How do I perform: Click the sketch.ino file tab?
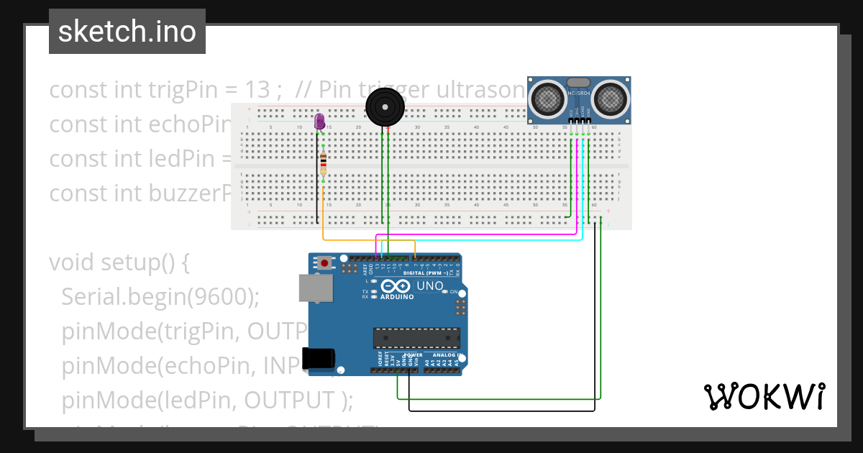click(x=127, y=32)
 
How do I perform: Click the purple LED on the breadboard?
click(x=320, y=122)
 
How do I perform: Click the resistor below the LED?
click(x=323, y=163)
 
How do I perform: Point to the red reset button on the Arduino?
click(x=325, y=263)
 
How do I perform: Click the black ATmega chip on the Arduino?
click(x=416, y=338)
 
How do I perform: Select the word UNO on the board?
click(x=431, y=285)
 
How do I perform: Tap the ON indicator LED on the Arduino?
click(x=445, y=291)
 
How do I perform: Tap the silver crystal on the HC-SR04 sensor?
click(x=579, y=83)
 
